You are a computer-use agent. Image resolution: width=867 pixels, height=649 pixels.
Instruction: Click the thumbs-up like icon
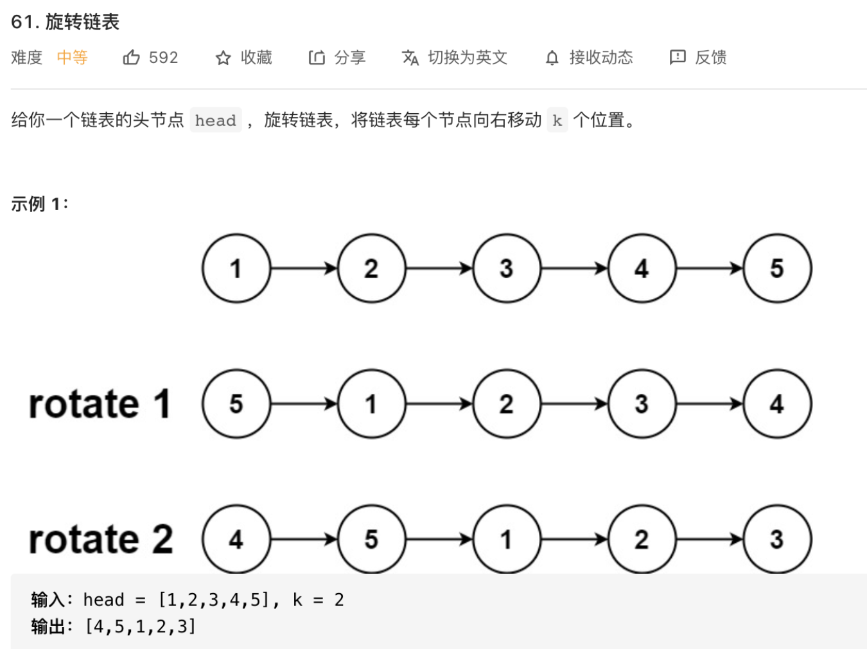pos(132,58)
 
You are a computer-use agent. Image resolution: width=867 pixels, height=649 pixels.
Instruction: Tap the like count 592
pos(163,58)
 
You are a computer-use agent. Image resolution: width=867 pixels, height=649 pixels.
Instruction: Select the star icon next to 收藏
pos(223,58)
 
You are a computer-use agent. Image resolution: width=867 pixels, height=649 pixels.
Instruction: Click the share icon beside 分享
pos(317,58)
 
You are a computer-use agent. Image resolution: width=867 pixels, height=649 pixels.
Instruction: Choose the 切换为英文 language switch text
pos(468,58)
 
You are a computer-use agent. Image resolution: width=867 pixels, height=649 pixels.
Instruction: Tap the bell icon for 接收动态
pos(552,58)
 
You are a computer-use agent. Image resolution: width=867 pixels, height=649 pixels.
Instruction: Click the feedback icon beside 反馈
pos(678,58)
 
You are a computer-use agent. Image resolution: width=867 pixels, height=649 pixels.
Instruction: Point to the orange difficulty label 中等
pos(72,58)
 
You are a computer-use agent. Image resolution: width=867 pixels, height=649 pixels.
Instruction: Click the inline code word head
pos(216,120)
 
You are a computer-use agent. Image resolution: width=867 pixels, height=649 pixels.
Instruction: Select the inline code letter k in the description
pos(557,120)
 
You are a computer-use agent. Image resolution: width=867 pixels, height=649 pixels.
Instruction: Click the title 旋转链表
pos(82,22)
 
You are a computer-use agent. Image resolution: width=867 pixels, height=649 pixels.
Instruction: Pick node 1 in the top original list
pos(236,268)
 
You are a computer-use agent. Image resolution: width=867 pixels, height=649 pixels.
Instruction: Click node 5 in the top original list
pos(777,268)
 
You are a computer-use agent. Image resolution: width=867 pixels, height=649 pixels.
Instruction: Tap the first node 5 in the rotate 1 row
pos(236,404)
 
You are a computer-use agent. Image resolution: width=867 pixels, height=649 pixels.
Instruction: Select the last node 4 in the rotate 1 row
pos(777,404)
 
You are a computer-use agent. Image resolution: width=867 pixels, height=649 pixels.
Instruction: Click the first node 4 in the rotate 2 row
pos(236,539)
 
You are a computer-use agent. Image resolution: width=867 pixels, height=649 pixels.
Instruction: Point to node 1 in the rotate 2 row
pos(507,539)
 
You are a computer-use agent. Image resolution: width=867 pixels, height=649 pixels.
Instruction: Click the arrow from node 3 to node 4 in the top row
pos(574,268)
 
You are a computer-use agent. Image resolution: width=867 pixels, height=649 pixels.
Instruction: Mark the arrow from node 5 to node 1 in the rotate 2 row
pos(439,539)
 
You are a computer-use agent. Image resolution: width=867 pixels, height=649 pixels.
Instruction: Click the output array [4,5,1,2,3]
pos(141,627)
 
